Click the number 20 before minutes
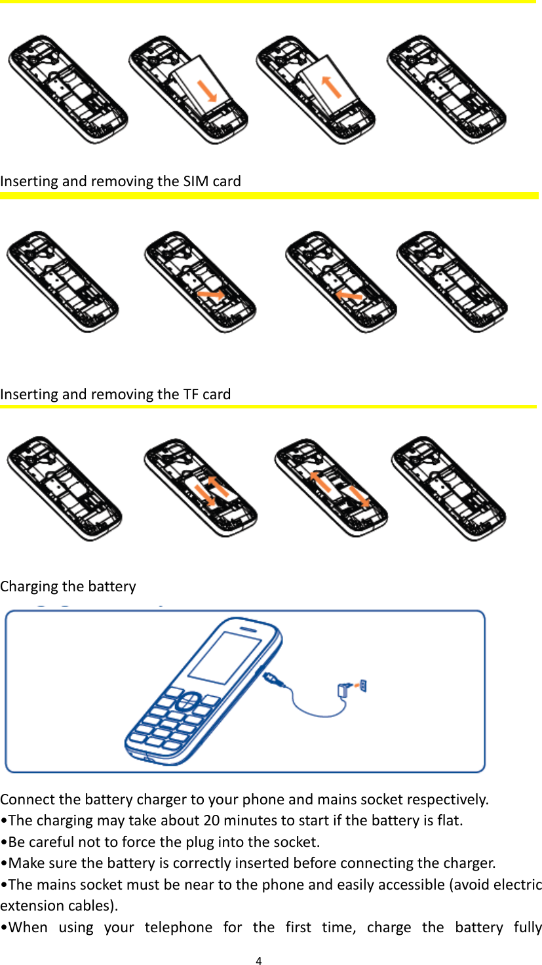212,820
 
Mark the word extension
27,906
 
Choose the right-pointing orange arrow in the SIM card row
211,296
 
